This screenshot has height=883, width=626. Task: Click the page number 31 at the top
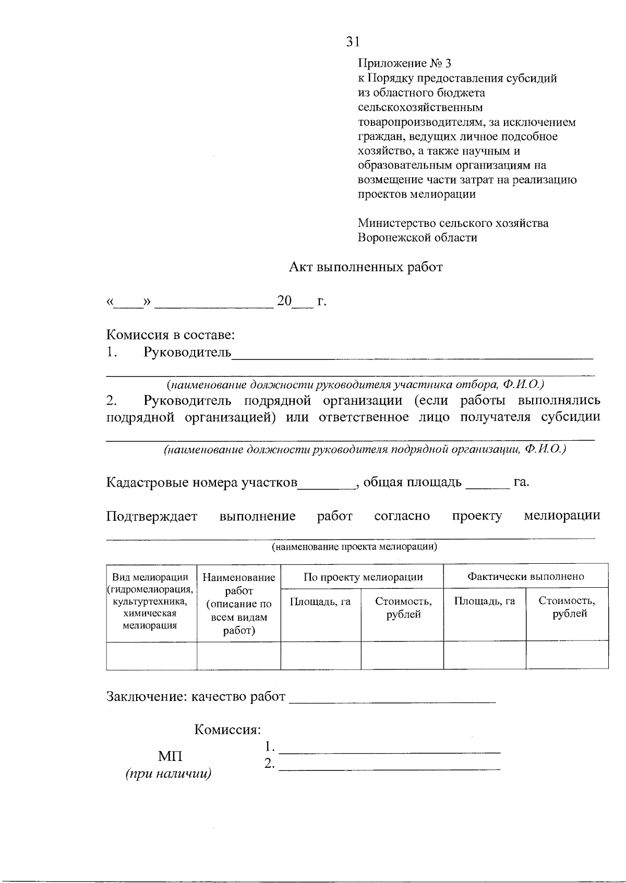[x=353, y=42]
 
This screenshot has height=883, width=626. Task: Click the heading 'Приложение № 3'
[x=404, y=64]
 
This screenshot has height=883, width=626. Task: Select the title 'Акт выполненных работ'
[x=366, y=268]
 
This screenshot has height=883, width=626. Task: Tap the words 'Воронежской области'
[x=417, y=238]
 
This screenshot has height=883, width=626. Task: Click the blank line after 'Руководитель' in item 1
[x=412, y=356]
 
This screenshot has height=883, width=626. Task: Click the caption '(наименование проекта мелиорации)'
[x=354, y=547]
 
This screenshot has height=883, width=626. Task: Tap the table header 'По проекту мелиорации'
[x=363, y=577]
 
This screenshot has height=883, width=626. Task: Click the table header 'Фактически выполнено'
[x=525, y=576]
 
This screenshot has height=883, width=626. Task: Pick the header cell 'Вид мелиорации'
[x=150, y=577]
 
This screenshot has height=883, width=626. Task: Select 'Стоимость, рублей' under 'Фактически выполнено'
[x=567, y=607]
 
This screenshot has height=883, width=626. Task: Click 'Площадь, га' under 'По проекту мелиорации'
[x=320, y=601]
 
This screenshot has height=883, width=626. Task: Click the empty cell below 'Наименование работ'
[x=238, y=656]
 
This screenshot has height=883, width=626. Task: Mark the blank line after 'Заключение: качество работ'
[x=392, y=700]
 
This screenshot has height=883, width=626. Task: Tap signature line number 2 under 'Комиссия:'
[x=389, y=767]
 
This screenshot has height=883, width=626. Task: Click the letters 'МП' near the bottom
[x=170, y=756]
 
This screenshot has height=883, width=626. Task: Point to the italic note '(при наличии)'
[x=168, y=774]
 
